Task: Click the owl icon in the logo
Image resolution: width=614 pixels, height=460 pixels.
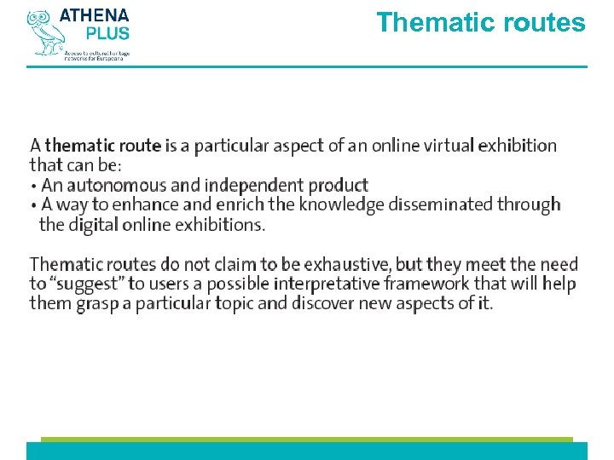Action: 43,32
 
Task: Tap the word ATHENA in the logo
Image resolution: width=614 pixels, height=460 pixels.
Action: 95,15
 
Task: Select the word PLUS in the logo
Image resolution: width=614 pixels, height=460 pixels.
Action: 107,33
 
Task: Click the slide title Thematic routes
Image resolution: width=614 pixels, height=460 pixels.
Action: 481,22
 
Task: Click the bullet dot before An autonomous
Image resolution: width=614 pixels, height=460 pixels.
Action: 33,186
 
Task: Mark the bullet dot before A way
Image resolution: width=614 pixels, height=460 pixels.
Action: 33,205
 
